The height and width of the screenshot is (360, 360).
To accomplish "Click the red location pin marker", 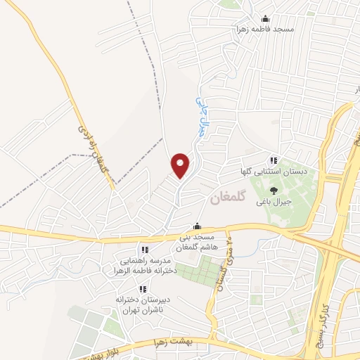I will tap(181, 165).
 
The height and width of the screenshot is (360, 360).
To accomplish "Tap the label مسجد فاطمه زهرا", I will tap(265, 29).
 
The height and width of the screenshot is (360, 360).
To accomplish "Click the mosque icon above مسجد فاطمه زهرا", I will tap(265, 19).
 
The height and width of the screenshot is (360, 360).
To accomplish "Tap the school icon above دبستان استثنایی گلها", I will tap(274, 161).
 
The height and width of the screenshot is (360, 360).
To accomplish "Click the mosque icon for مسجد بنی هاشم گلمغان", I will tap(198, 226).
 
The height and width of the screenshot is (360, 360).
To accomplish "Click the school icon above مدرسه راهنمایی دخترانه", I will tap(144, 250).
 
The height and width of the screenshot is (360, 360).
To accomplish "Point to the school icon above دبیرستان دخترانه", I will tap(142, 289).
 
